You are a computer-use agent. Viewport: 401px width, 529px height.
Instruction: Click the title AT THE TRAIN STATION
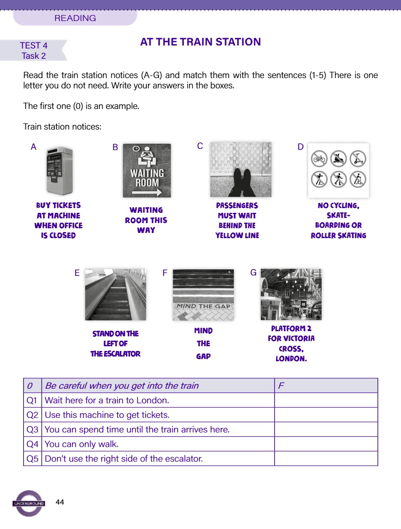click(x=200, y=42)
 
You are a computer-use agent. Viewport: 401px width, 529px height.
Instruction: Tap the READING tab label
click(x=75, y=18)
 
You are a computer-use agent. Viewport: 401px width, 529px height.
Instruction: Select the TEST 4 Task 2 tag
click(x=33, y=51)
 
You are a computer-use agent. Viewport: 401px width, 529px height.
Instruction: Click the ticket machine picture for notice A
click(x=59, y=171)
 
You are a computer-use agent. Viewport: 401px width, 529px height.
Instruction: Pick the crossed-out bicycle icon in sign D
click(x=320, y=159)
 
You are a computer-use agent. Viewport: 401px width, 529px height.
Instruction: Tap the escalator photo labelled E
click(x=115, y=294)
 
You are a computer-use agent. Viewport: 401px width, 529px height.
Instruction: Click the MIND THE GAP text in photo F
click(x=203, y=306)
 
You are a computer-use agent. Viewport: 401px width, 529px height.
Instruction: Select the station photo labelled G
click(x=291, y=294)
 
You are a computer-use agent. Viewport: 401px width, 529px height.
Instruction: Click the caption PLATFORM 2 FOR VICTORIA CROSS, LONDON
click(x=291, y=344)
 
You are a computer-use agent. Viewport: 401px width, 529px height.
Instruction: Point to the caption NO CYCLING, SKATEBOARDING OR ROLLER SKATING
click(x=338, y=221)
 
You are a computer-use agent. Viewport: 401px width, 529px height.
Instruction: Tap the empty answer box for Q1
click(x=326, y=400)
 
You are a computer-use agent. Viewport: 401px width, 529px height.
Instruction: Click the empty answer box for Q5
click(x=326, y=459)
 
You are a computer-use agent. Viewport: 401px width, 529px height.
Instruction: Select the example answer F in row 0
click(x=281, y=386)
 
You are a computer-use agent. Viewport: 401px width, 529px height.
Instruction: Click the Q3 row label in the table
click(x=33, y=429)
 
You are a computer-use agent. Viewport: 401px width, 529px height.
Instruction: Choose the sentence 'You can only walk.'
click(x=81, y=444)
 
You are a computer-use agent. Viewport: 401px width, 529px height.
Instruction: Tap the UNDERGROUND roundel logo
click(x=28, y=503)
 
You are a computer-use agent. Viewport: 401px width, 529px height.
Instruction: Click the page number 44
click(x=60, y=502)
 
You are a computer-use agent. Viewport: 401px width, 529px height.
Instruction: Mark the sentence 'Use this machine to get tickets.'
click(x=107, y=415)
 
